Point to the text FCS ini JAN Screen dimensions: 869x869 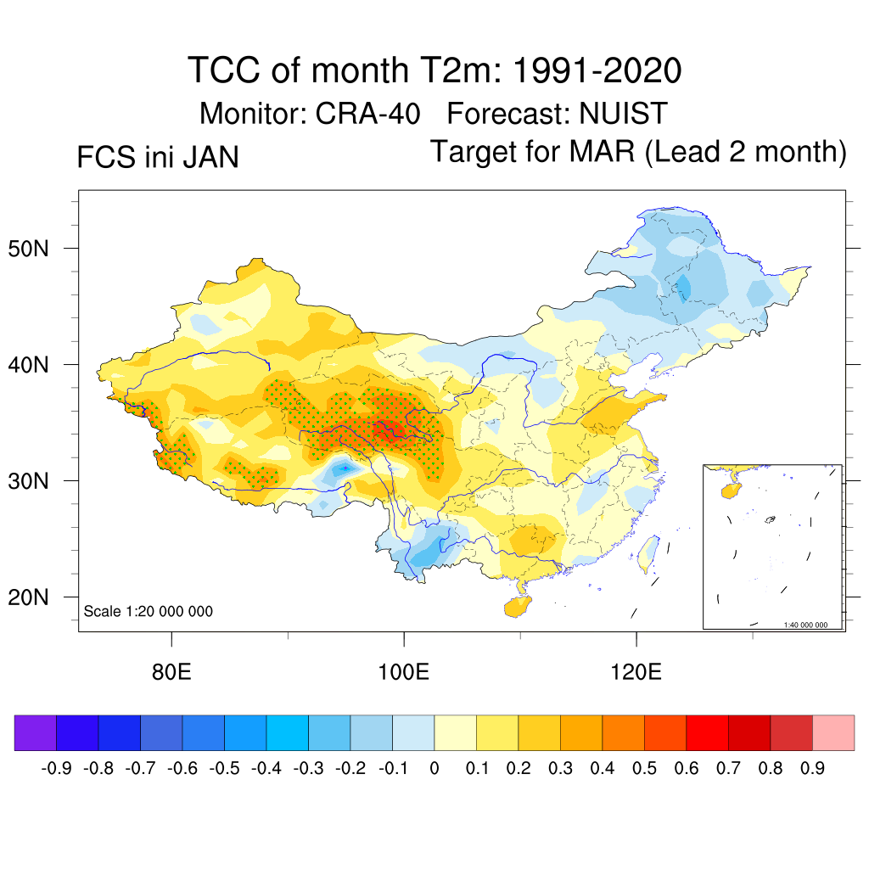point(158,158)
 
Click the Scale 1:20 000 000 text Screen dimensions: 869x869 point(149,612)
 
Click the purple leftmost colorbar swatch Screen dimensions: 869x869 point(36,733)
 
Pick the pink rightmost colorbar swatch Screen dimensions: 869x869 point(833,733)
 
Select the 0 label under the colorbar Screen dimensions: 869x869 point(434,769)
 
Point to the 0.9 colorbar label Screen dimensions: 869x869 point(812,769)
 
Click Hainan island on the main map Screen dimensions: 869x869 point(517,607)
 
